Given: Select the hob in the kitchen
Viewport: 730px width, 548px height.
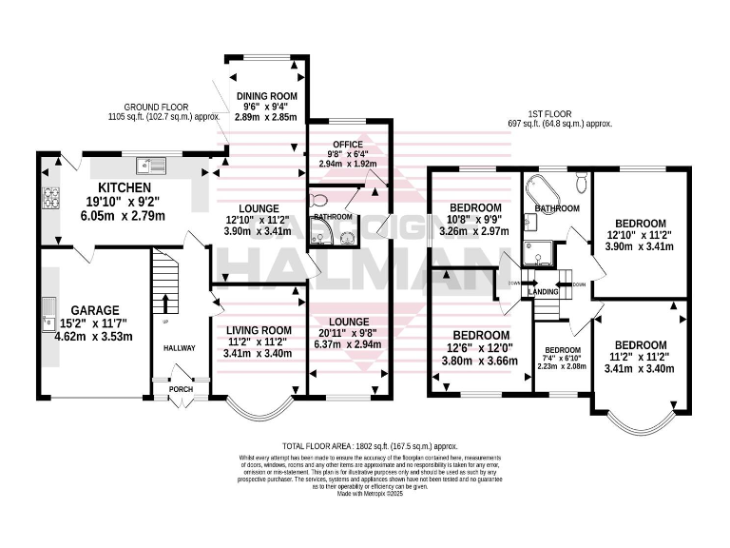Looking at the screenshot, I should [x=48, y=199].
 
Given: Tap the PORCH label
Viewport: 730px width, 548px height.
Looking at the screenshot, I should [x=181, y=390].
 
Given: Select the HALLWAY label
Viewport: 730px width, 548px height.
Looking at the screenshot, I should [x=179, y=348].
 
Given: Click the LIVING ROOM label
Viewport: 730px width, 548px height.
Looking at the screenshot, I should [x=258, y=330].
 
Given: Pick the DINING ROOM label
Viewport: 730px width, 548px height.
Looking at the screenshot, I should [x=267, y=96].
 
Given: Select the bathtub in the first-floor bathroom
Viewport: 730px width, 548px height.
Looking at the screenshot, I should [x=547, y=183].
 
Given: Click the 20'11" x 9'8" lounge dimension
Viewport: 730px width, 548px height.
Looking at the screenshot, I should [x=346, y=334].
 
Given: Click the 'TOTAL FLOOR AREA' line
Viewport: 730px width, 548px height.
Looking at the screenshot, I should [x=364, y=445].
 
